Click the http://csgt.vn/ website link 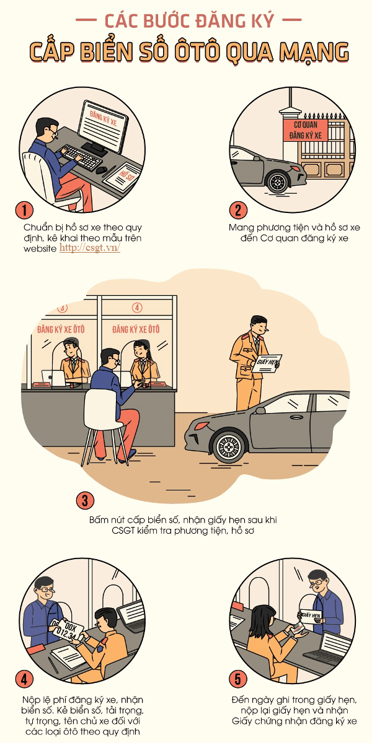[90, 248]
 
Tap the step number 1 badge [24, 211]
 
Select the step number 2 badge [238, 211]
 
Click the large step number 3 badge [85, 500]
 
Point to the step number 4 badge [24, 679]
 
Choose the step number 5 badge [238, 679]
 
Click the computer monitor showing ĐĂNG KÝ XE [103, 126]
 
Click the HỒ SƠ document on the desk [122, 177]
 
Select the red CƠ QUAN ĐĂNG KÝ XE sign [305, 131]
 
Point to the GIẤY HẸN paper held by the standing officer [268, 363]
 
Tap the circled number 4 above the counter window [137, 308]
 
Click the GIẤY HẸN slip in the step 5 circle [311, 616]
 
